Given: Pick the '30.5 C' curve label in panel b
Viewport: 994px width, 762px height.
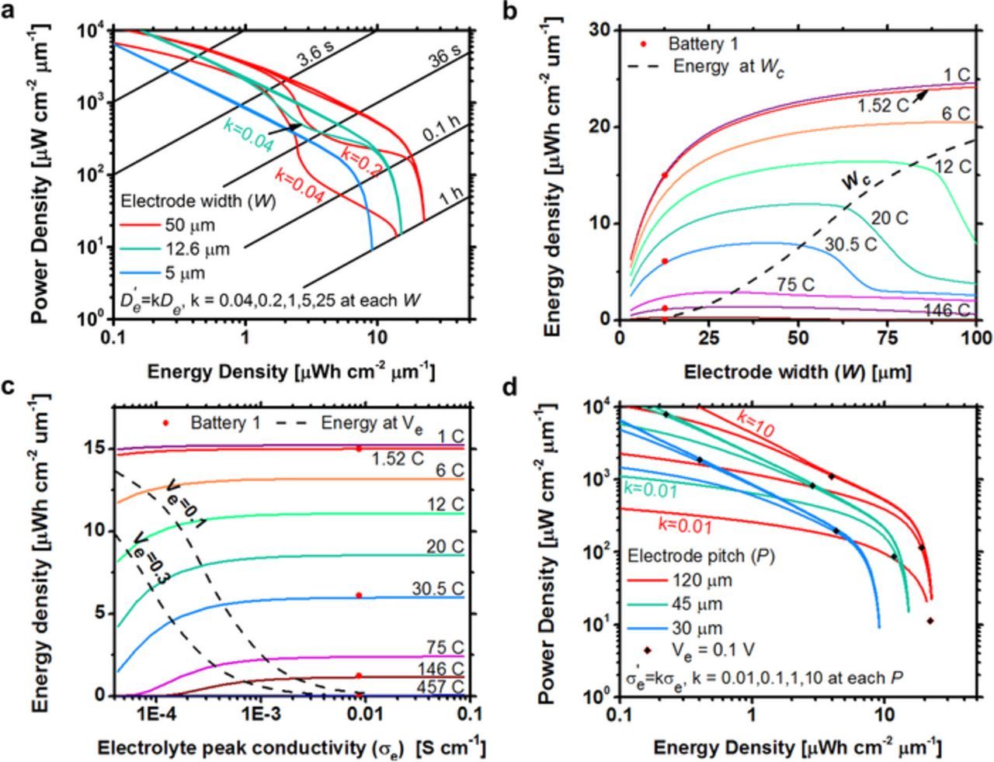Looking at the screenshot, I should (x=850, y=244).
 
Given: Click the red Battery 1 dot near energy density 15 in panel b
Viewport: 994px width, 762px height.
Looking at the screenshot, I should (x=664, y=175).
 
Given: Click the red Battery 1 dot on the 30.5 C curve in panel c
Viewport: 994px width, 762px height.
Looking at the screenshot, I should (x=359, y=595).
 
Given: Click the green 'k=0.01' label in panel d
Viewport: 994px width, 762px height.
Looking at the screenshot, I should (x=649, y=490).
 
